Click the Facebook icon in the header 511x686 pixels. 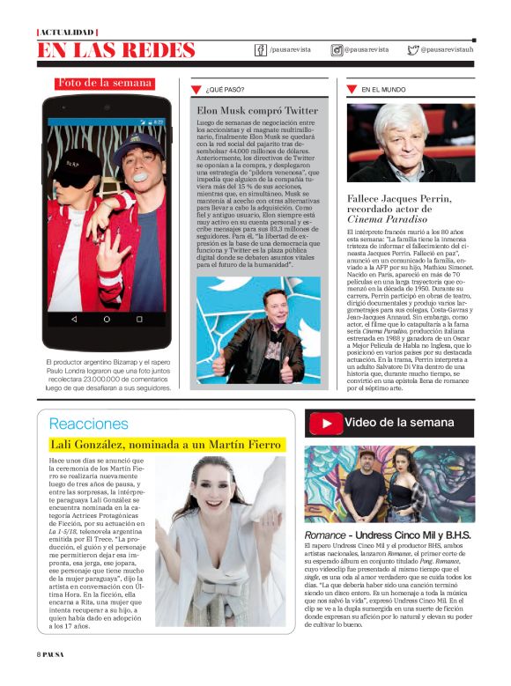tap(261, 50)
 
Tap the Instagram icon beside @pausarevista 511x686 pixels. tap(337, 50)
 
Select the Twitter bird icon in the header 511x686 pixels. tap(412, 50)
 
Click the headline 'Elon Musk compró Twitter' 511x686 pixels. tap(257, 110)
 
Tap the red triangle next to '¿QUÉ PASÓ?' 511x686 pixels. tap(197, 90)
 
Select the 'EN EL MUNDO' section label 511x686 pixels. tap(383, 90)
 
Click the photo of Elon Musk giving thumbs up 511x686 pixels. tap(258, 330)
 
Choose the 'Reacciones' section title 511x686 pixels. tap(88, 424)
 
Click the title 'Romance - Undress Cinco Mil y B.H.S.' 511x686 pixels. tap(388, 535)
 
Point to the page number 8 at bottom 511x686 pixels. tap(39, 677)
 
